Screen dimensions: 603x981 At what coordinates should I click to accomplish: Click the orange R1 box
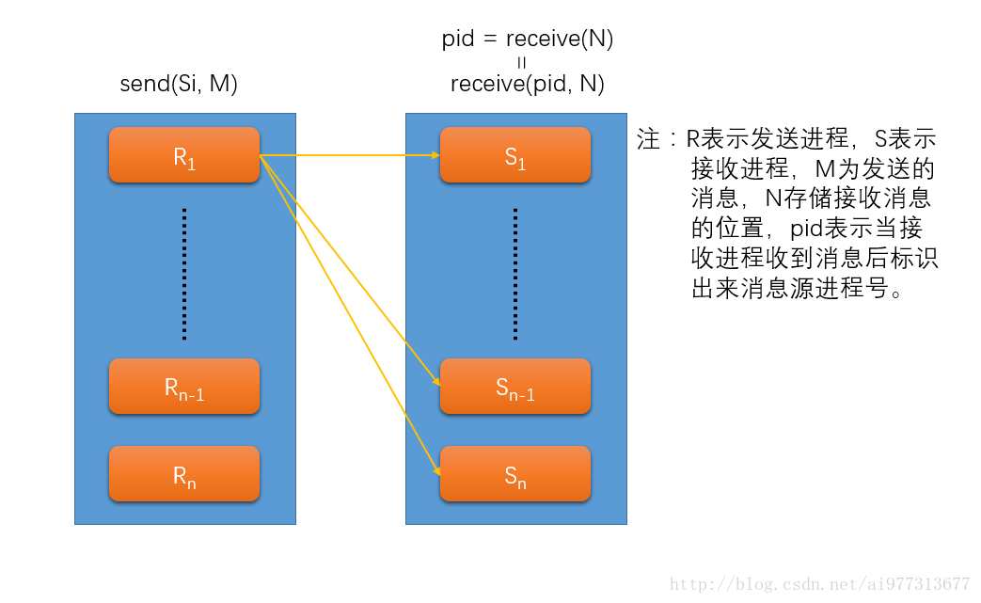pyautogui.click(x=184, y=155)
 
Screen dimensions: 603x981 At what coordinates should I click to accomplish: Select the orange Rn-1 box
pyautogui.click(x=184, y=386)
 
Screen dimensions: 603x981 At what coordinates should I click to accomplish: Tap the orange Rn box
pyautogui.click(x=184, y=474)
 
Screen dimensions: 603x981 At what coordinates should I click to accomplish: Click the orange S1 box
pyautogui.click(x=515, y=155)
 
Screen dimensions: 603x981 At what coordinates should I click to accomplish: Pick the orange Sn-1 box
pyautogui.click(x=515, y=386)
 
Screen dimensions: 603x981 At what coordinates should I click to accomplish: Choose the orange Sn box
pyautogui.click(x=515, y=474)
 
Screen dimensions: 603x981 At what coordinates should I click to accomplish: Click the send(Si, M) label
pyautogui.click(x=179, y=84)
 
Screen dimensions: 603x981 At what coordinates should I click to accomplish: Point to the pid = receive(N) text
pyautogui.click(x=527, y=39)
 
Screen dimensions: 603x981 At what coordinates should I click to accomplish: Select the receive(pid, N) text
pyautogui.click(x=527, y=84)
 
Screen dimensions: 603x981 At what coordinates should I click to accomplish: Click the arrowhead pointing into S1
pyautogui.click(x=435, y=155)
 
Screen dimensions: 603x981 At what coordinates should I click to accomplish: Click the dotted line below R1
pyautogui.click(x=184, y=273)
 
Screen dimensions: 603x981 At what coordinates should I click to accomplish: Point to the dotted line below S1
pyautogui.click(x=515, y=273)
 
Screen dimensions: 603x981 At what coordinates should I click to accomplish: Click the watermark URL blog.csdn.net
pyautogui.click(x=819, y=584)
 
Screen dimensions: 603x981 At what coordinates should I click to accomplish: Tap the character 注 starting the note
pyautogui.click(x=648, y=140)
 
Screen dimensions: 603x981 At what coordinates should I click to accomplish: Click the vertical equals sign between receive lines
pyautogui.click(x=522, y=62)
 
